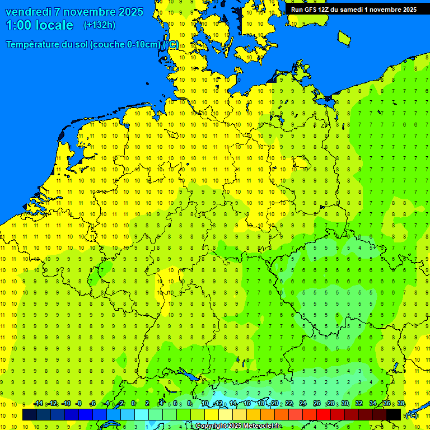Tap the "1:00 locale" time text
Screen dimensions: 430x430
click(x=39, y=25)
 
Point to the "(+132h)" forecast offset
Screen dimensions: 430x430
click(x=99, y=25)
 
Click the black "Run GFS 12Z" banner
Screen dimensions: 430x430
click(x=353, y=10)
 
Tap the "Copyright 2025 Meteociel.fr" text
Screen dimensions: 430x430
click(x=238, y=426)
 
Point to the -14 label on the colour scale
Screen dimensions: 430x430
click(x=38, y=404)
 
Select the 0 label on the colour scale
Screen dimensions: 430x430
click(x=133, y=404)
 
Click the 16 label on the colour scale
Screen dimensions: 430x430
click(x=247, y=404)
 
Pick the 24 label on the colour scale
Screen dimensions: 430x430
click(x=303, y=404)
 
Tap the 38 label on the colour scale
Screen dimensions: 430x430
click(x=401, y=404)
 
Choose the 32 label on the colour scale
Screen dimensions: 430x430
click(x=359, y=404)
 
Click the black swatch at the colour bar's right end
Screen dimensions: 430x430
click(x=394, y=415)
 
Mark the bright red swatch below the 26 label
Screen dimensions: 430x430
click(x=324, y=415)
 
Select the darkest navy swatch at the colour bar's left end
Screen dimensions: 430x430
click(x=30, y=415)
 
